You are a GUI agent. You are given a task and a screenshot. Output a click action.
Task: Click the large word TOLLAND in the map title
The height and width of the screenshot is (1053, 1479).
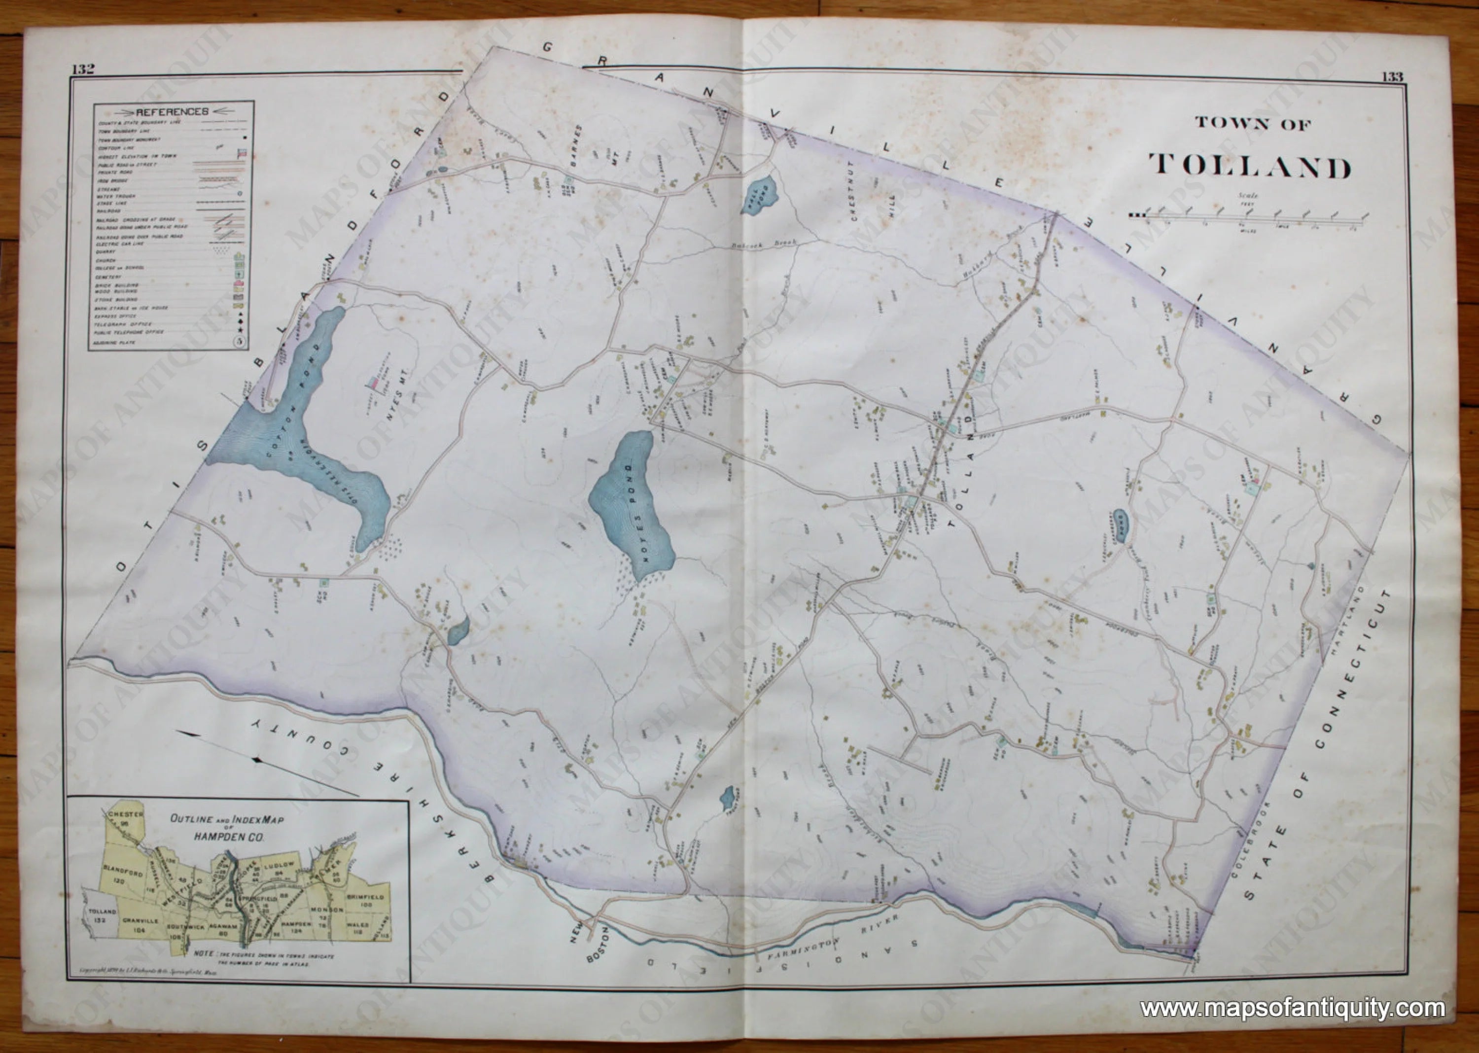(1250, 167)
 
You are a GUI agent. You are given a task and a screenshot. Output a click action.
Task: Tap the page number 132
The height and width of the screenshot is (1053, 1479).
(84, 70)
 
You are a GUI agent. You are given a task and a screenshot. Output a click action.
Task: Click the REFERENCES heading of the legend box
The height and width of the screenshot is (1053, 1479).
(172, 111)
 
